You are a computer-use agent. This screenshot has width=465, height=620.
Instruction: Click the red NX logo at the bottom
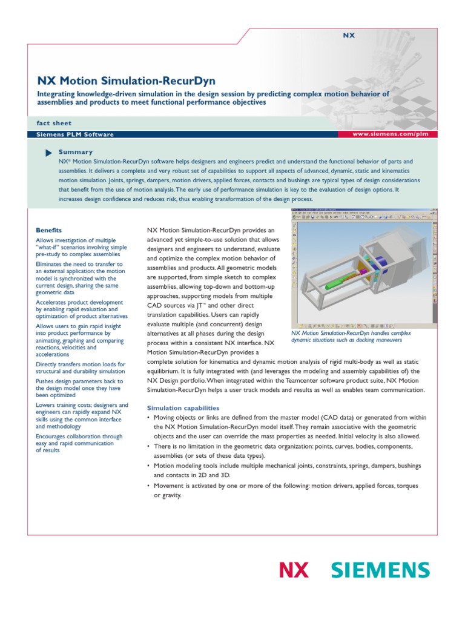(294, 570)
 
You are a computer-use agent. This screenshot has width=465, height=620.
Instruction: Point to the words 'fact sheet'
(54, 123)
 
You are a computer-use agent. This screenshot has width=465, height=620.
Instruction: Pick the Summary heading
(76, 152)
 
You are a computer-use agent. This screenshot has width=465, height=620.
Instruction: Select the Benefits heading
(49, 231)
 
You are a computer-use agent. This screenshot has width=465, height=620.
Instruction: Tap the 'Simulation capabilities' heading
(183, 408)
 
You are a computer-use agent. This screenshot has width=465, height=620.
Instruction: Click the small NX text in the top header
(349, 36)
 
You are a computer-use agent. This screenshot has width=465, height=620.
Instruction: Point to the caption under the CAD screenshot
(351, 337)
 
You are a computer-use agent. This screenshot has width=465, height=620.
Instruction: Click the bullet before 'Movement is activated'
(150, 486)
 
